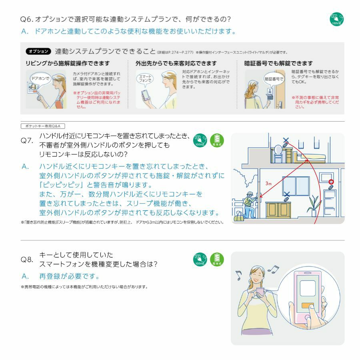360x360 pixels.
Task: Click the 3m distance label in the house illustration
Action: (268, 183)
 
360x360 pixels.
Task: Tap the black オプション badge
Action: (38, 52)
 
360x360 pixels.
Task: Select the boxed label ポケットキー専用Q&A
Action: (42, 126)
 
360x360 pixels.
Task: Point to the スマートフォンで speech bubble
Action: (144, 78)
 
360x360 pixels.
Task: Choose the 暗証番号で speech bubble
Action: (273, 79)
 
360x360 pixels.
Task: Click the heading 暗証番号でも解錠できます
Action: (278, 64)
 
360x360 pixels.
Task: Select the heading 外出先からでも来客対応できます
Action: (176, 64)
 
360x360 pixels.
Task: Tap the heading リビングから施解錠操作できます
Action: (67, 64)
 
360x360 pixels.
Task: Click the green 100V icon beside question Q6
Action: (336, 19)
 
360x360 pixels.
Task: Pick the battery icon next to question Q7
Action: (217, 140)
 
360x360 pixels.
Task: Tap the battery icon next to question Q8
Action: (217, 260)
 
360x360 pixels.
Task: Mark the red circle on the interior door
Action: (330, 182)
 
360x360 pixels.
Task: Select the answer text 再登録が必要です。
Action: (69, 276)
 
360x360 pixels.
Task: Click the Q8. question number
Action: (27, 260)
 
